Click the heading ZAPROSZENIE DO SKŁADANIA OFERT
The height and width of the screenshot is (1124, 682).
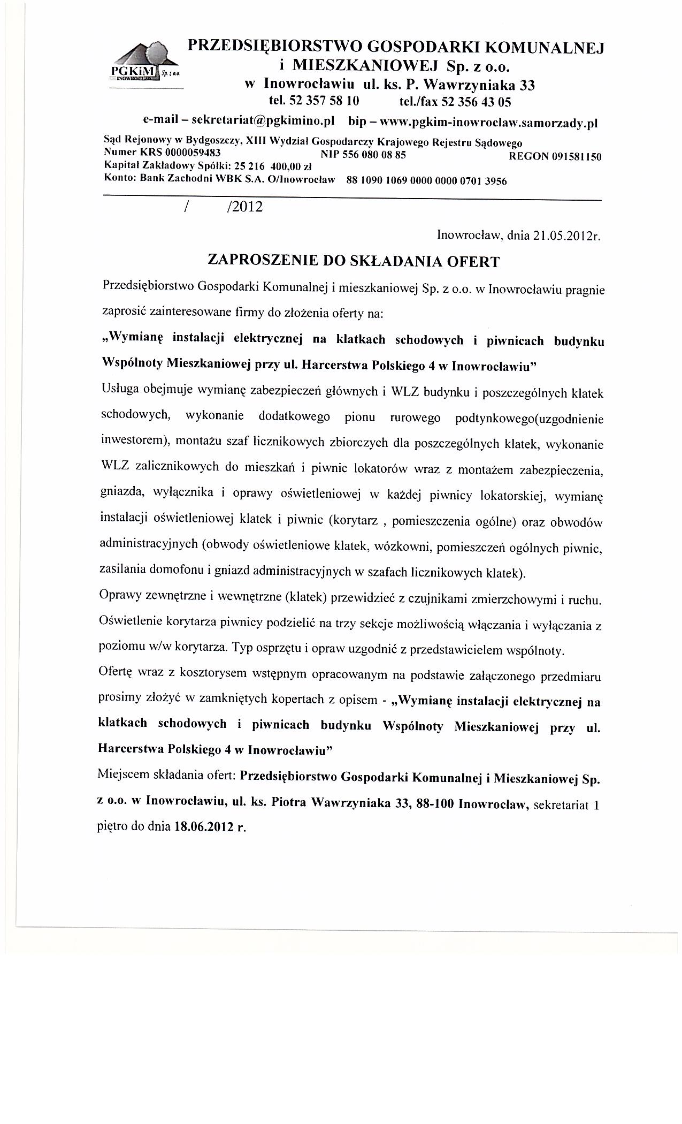click(x=353, y=261)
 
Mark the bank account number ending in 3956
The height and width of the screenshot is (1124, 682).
click(x=426, y=181)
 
